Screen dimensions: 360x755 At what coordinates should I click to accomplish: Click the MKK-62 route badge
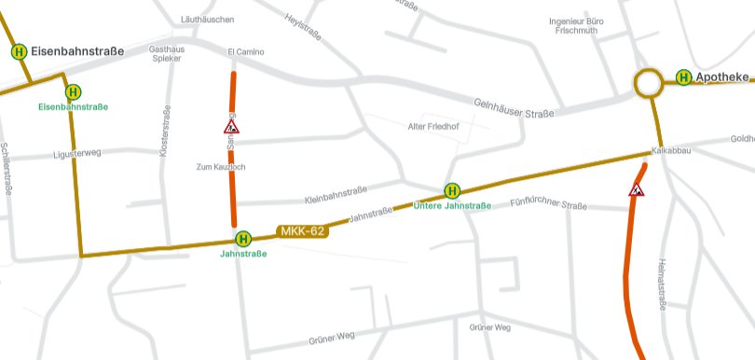pos(303,230)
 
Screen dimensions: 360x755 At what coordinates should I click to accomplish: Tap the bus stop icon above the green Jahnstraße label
pos(243,238)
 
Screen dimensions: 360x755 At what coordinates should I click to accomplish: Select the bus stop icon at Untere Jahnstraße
pos(452,190)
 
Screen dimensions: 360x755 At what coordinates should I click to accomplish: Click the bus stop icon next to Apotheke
pos(683,77)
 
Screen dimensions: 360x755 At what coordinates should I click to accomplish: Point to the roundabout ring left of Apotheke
pos(648,83)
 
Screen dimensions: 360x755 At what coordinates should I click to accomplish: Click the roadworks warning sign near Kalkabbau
pos(638,189)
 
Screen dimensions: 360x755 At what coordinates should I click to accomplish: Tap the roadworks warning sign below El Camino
pos(231,126)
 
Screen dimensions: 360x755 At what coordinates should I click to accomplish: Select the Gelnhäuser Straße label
pos(514,108)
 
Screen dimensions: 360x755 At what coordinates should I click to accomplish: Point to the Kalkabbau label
pos(669,150)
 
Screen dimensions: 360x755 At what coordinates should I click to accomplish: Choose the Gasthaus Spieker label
pos(166,53)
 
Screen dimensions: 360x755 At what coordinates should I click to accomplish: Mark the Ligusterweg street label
pos(77,152)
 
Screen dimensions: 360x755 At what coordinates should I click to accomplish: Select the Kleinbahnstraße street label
pos(336,199)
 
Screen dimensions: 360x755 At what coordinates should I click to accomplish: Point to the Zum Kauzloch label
pos(220,167)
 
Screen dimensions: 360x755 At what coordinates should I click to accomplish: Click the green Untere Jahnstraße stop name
pos(452,206)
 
